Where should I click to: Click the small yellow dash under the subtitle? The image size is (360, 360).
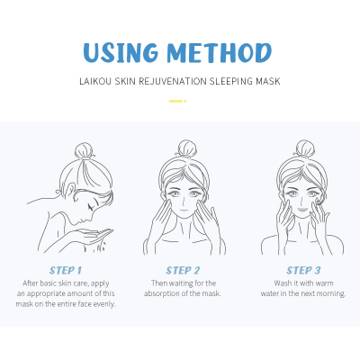coord(179,100)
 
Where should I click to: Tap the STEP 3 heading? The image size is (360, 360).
coord(304,269)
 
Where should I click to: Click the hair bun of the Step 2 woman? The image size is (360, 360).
coord(185,147)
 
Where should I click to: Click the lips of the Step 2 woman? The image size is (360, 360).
coord(185,208)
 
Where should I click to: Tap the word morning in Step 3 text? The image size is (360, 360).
coord(328,293)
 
